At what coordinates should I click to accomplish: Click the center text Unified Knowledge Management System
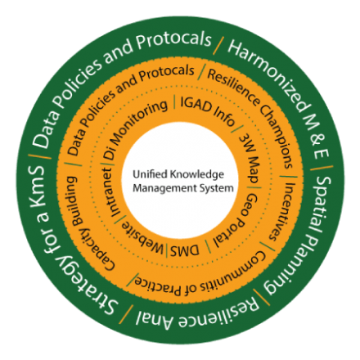[183, 182]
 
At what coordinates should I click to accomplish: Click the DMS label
[185, 250]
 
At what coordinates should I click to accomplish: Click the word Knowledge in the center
[197, 175]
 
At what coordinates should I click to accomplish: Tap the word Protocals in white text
[174, 42]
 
